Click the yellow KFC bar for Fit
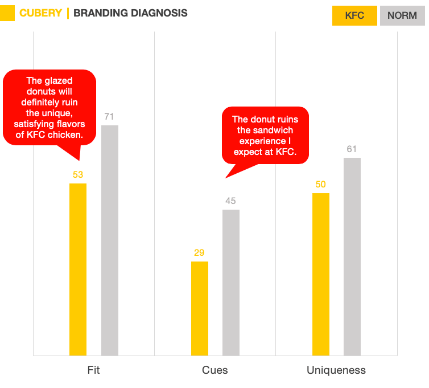pyautogui.click(x=78, y=269)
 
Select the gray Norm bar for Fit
pyautogui.click(x=110, y=240)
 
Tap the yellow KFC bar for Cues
pyautogui.click(x=199, y=308)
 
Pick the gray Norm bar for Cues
pyautogui.click(x=231, y=282)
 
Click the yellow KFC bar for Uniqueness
pyautogui.click(x=321, y=274)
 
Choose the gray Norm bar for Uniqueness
pyautogui.click(x=352, y=256)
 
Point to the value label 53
pyautogui.click(x=78, y=174)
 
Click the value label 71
pyautogui.click(x=110, y=117)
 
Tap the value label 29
pyautogui.click(x=199, y=253)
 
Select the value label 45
pyautogui.click(x=231, y=201)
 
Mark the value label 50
pyautogui.click(x=321, y=185)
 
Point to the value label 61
pyautogui.click(x=352, y=149)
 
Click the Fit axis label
pyautogui.click(x=94, y=370)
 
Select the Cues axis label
pyautogui.click(x=215, y=370)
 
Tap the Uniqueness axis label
pyautogui.click(x=336, y=370)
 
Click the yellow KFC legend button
pyautogui.click(x=355, y=15)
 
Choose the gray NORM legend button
pyautogui.click(x=402, y=15)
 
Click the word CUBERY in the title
pyautogui.click(x=40, y=13)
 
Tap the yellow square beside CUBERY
pyautogui.click(x=7, y=13)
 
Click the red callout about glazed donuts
pyautogui.click(x=49, y=108)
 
